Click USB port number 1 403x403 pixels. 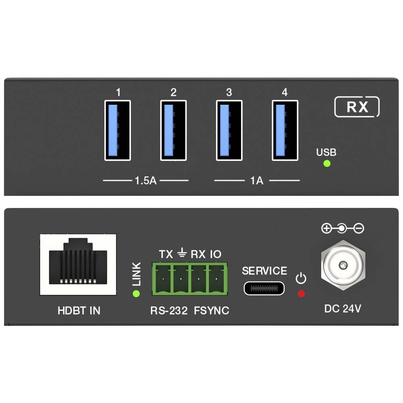[118, 131]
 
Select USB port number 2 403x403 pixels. [173, 131]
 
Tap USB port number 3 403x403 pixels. [229, 131]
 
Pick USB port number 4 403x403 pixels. [285, 131]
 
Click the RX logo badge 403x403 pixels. [357, 107]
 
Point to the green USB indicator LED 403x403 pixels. [327, 164]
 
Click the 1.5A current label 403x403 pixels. [145, 180]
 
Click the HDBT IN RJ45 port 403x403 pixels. [79, 265]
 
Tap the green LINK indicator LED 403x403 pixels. [136, 293]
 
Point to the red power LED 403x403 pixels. [301, 293]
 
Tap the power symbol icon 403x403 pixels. [301, 278]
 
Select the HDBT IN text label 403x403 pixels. [79, 311]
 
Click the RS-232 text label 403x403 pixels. [169, 311]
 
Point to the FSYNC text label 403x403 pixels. [212, 311]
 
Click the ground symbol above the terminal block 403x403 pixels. [182, 253]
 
